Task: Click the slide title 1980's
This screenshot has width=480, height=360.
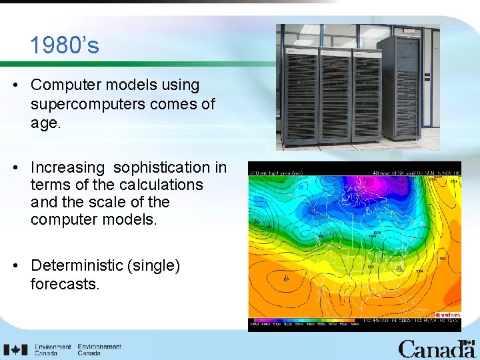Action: (64, 45)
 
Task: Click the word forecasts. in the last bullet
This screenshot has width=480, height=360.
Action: (65, 284)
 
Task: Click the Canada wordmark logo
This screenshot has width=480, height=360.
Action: (436, 348)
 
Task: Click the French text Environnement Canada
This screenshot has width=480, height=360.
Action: (99, 350)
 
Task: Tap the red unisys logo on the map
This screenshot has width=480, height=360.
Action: (448, 315)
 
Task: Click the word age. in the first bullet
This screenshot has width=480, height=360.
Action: (45, 122)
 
